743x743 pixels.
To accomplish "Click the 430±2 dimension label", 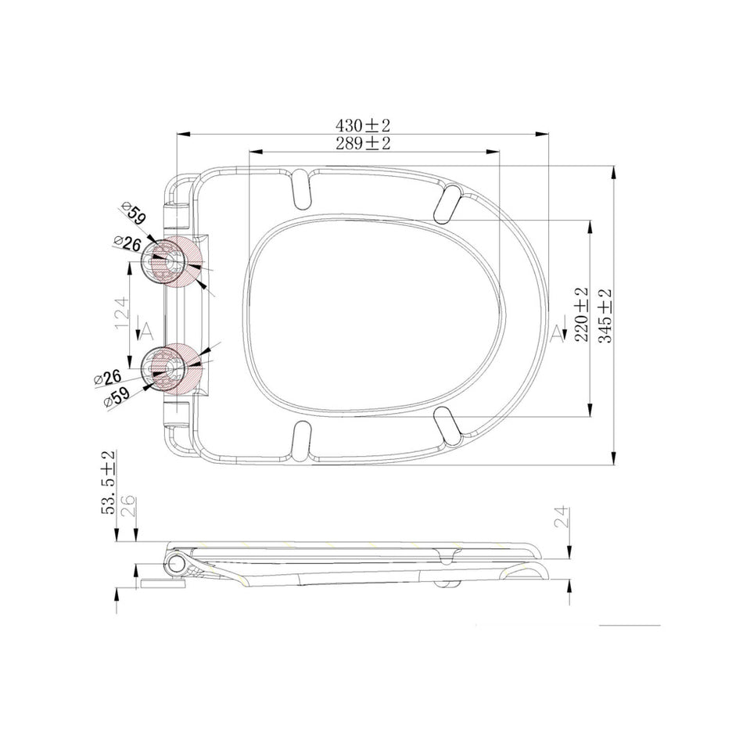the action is pyautogui.click(x=362, y=126).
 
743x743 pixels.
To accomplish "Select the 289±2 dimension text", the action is pyautogui.click(x=363, y=142).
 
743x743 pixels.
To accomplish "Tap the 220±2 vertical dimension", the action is pyautogui.click(x=581, y=314).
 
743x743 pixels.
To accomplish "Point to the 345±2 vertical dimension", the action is pyautogui.click(x=605, y=316).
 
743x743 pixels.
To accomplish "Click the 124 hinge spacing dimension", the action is pyautogui.click(x=121, y=314).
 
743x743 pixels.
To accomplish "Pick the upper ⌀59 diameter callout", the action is pyautogui.click(x=133, y=214).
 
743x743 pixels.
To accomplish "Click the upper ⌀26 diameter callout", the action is pyautogui.click(x=127, y=243).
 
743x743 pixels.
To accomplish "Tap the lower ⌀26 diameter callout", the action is pyautogui.click(x=108, y=378).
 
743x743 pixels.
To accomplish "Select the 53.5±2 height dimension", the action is pyautogui.click(x=108, y=483).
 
